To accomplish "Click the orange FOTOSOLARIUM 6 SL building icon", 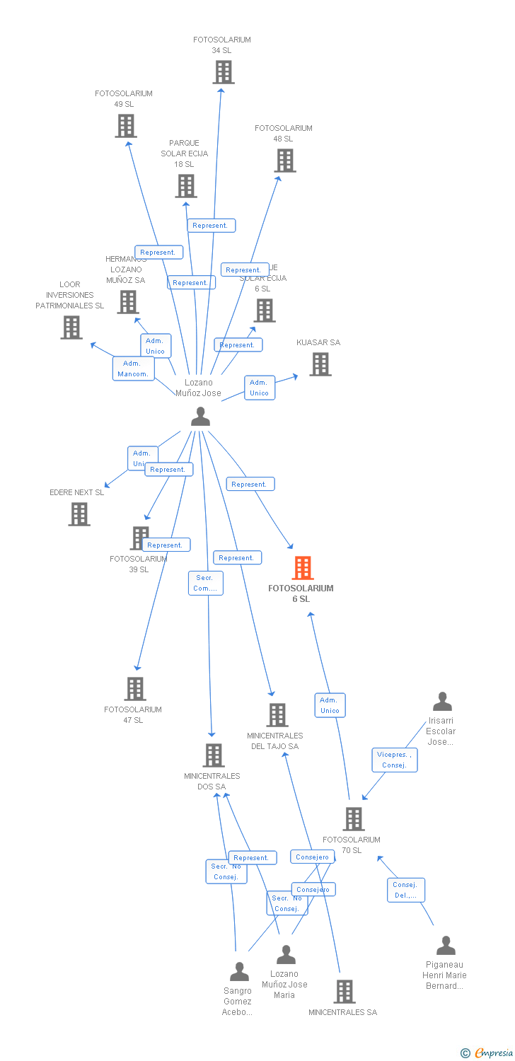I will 303,568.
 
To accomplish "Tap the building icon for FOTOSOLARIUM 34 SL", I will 224,72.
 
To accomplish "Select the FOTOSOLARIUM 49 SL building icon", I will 126,126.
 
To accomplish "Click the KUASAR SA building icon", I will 320,364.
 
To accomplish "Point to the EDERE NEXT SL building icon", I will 79,514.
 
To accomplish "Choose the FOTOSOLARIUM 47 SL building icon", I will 135,689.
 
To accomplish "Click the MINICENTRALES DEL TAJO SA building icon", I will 277,715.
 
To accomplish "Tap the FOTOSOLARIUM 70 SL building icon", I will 353,819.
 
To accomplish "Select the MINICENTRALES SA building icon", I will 345,992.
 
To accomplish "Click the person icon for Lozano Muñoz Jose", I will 201,417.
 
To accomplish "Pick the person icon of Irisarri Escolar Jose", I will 442,702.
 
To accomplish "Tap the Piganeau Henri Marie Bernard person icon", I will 446,946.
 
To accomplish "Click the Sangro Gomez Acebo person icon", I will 240,972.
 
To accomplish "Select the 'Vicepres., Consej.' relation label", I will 394,760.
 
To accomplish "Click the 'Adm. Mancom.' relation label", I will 133,369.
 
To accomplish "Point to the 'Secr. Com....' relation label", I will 206,583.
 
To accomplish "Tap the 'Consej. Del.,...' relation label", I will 406,890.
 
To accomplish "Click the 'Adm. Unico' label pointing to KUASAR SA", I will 259,388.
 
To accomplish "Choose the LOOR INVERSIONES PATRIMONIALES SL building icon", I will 71,327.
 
